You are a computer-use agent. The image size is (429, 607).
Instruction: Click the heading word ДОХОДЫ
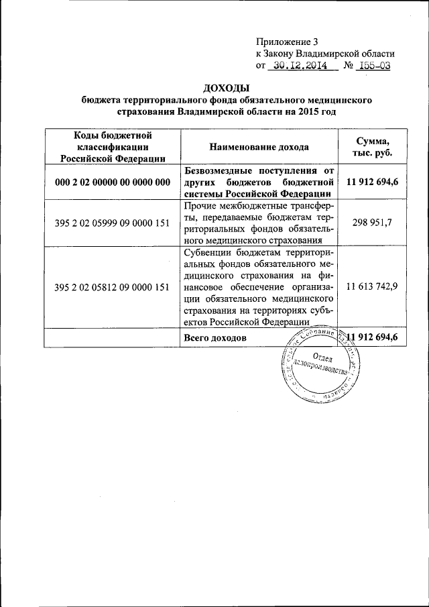[x=226, y=88]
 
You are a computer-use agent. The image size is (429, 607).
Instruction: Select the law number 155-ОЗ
[x=373, y=66]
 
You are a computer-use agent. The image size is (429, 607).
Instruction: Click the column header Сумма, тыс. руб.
[x=372, y=146]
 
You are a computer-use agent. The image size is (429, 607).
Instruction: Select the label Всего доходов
[x=214, y=337]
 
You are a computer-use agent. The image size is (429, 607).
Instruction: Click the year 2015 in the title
[x=302, y=111]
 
